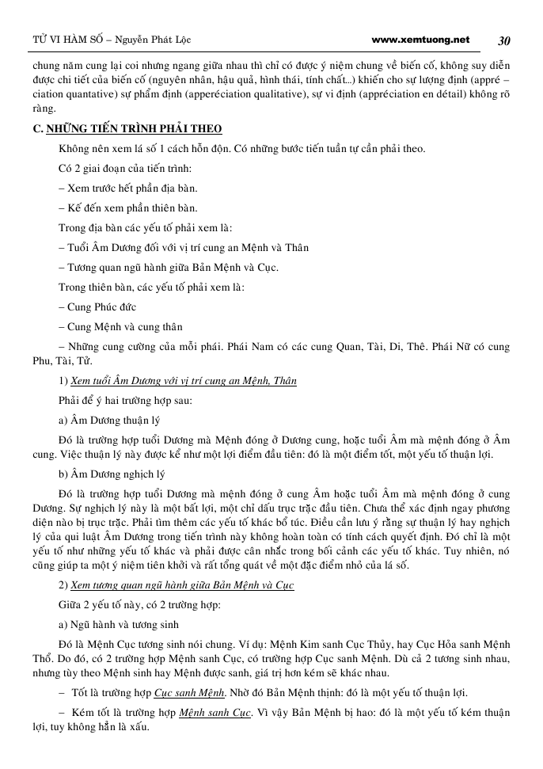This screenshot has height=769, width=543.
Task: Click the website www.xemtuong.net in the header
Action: click(420, 40)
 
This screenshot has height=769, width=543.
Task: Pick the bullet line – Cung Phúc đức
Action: click(97, 307)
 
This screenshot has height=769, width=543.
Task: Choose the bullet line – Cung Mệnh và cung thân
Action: click(120, 327)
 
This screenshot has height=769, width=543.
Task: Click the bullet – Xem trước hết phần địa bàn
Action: click(127, 188)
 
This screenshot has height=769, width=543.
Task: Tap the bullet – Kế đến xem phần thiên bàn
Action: click(127, 208)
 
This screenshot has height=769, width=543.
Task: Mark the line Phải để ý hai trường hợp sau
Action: click(125, 401)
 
